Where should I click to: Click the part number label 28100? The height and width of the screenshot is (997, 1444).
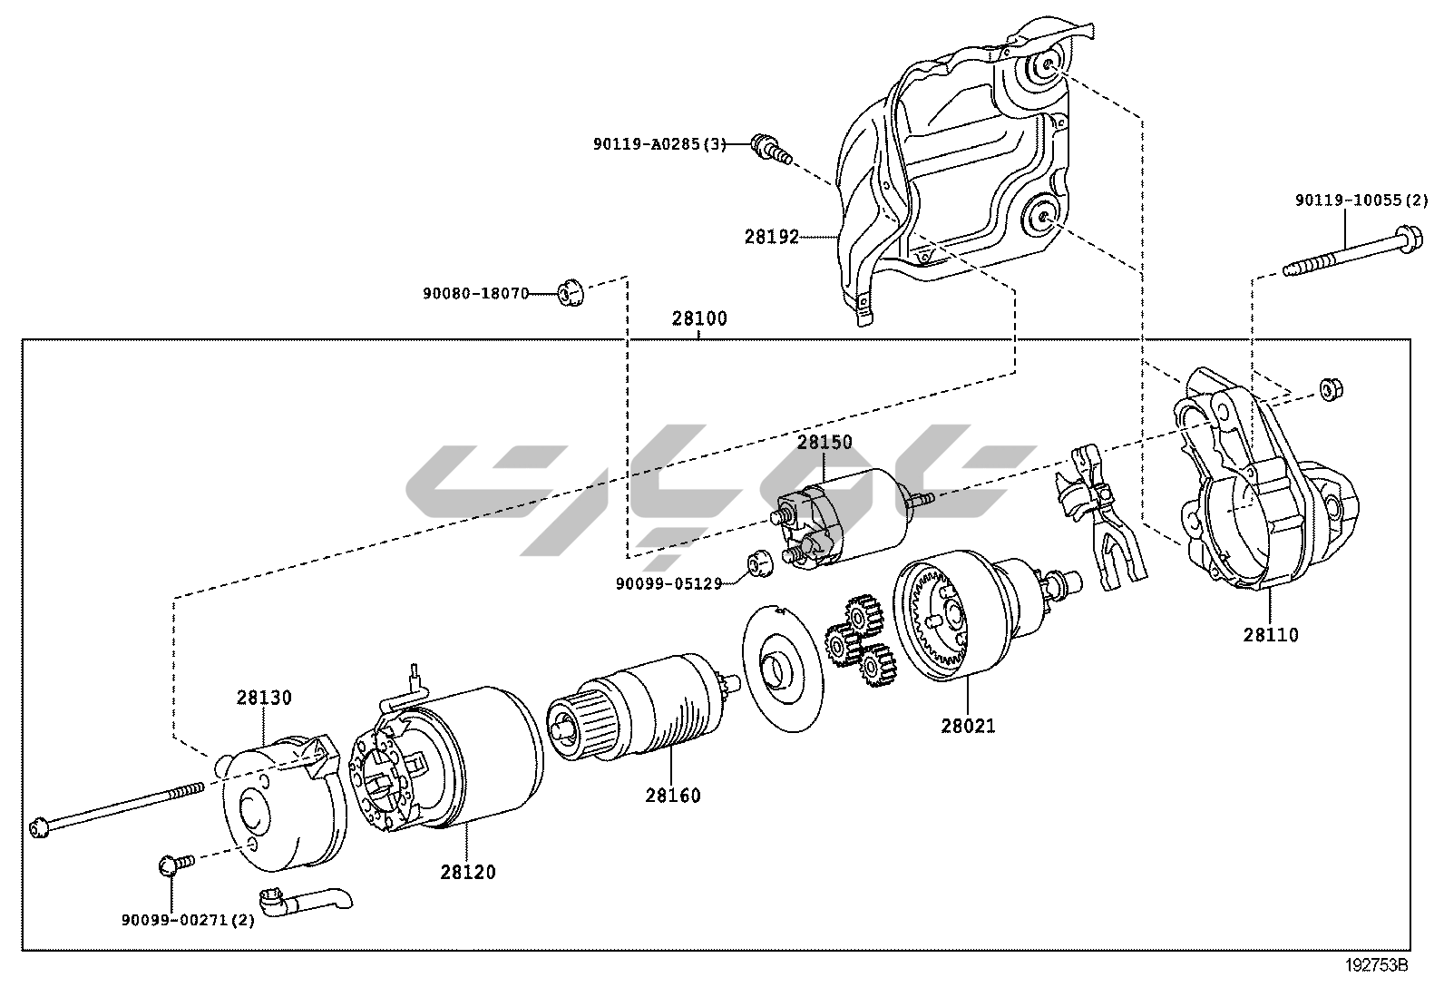[x=699, y=319]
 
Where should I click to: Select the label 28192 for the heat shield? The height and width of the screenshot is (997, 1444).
[x=772, y=237]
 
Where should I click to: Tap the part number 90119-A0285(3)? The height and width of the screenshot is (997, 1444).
[x=659, y=143]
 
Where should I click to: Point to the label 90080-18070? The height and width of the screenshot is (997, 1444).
[x=475, y=294]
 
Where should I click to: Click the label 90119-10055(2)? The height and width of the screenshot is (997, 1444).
[x=1361, y=200]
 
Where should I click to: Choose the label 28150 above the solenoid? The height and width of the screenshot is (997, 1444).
[x=824, y=443]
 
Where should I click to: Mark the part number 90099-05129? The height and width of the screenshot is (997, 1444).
[x=668, y=584]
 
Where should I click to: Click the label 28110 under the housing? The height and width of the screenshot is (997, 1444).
[x=1271, y=635]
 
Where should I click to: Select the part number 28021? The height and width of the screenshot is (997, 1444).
[x=968, y=726]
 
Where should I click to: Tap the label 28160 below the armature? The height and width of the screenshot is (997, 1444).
[x=673, y=796]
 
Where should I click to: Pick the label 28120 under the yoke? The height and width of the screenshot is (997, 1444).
[x=468, y=872]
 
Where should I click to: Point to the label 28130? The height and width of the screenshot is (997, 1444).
[x=265, y=698]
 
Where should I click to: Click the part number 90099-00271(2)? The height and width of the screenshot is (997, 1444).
[x=189, y=920]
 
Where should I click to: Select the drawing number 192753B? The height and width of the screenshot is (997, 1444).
[x=1377, y=965]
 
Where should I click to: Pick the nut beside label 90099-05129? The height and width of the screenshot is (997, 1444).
[x=757, y=563]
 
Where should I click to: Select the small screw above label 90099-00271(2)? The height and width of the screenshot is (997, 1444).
[x=175, y=863]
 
